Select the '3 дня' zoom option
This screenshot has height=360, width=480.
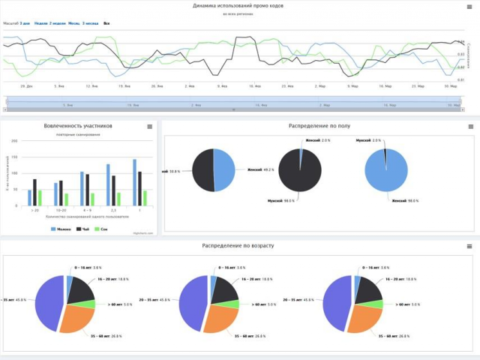[25, 23]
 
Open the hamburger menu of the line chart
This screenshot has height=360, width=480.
[469, 7]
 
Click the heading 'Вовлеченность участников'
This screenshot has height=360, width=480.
[79, 126]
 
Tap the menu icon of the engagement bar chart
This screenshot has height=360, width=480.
[149, 127]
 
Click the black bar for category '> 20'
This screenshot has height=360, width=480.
[34, 192]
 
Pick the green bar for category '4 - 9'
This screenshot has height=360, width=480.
[93, 199]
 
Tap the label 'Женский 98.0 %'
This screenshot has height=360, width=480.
[402, 200]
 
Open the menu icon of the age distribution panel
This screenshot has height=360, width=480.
[469, 246]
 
